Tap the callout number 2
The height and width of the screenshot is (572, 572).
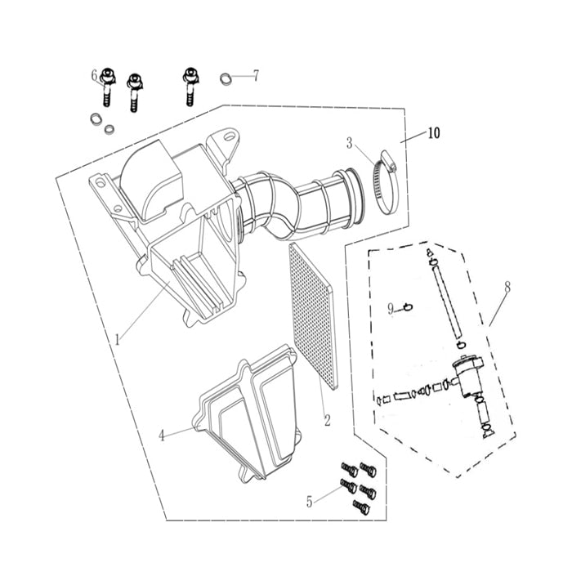(x=326, y=421)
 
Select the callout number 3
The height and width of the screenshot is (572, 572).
(x=350, y=143)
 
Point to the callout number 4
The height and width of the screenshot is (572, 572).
(x=162, y=436)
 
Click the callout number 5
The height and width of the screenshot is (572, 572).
(x=309, y=502)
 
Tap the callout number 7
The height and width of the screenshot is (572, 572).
(x=255, y=76)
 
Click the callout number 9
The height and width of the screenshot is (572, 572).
(x=391, y=308)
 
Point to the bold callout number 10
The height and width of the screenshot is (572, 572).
(x=432, y=133)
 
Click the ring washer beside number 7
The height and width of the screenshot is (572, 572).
(x=223, y=79)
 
